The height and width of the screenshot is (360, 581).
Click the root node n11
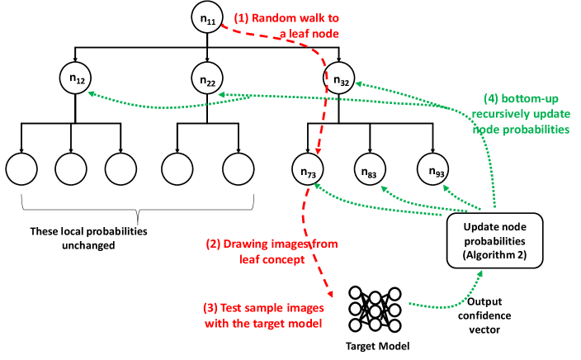(x=206, y=18)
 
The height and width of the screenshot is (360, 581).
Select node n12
(x=75, y=79)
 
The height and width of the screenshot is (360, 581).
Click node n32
(x=341, y=79)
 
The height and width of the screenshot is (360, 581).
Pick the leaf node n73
(x=307, y=170)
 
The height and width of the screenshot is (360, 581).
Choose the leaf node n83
(x=369, y=170)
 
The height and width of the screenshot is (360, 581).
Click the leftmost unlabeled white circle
(x=21, y=169)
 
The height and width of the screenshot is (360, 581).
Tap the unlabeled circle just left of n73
(x=238, y=169)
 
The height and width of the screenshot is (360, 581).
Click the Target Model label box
(x=377, y=345)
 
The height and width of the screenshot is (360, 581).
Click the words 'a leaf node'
(x=309, y=34)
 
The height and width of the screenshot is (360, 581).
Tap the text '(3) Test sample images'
(x=261, y=307)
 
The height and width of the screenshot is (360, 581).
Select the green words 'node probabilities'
(x=521, y=130)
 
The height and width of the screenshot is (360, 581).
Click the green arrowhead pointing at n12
(x=91, y=94)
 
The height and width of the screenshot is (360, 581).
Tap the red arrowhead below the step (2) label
(x=331, y=294)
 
